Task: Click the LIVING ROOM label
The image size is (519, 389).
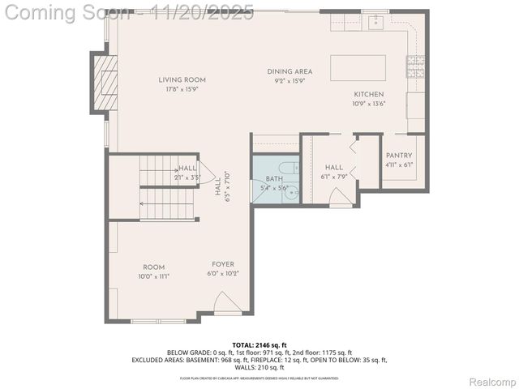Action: coord(182,79)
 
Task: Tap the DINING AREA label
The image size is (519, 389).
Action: coord(290,71)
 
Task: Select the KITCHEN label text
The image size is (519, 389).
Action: coord(367,94)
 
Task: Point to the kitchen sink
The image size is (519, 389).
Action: coord(375,22)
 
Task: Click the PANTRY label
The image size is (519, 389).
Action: coord(398,155)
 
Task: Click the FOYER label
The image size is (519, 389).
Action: coord(223,264)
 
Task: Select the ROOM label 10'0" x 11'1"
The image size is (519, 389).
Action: coord(154,267)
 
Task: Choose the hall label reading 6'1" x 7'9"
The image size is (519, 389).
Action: coord(335,176)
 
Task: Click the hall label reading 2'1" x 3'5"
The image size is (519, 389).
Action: coord(187,177)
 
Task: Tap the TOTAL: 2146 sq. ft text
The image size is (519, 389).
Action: coord(259,345)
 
